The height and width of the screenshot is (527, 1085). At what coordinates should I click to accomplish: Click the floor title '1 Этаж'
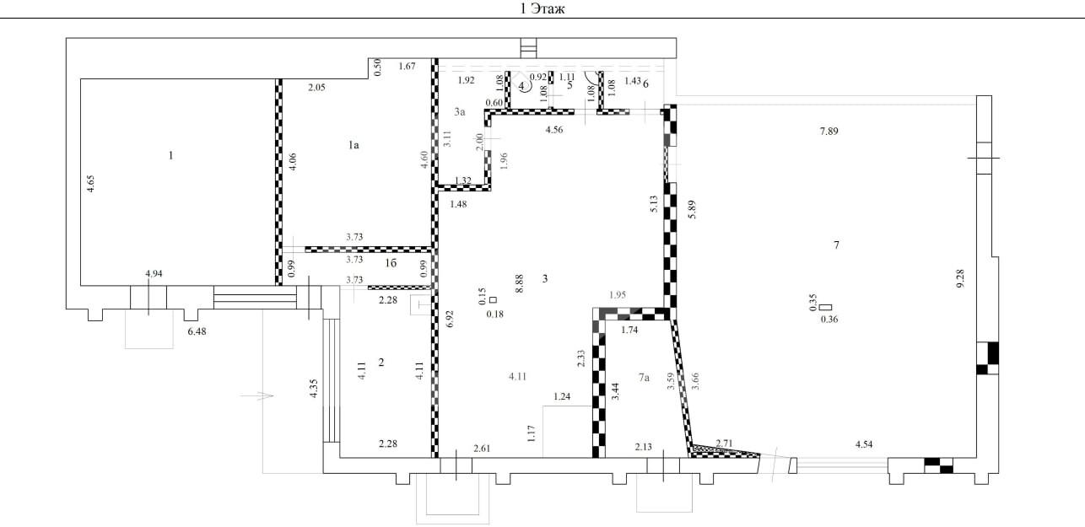[x=542, y=8]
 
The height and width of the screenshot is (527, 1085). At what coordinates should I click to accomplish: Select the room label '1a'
[x=354, y=145]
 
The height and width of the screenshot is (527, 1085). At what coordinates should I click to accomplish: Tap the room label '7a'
[x=644, y=377]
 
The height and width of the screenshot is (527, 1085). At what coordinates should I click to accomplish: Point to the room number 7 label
[x=836, y=245]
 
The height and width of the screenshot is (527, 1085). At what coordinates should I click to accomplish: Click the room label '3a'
[x=460, y=112]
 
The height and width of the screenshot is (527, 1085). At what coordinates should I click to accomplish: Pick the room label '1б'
[x=391, y=263]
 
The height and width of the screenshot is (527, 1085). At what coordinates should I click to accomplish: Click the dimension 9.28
[x=960, y=279]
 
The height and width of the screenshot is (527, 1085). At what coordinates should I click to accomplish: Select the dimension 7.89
[x=829, y=132]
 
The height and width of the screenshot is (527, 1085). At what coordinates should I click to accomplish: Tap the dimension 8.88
[x=519, y=284]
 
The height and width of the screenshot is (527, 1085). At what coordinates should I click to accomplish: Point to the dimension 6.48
[x=197, y=331]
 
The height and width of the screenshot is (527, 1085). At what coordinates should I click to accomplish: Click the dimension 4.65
[x=90, y=184]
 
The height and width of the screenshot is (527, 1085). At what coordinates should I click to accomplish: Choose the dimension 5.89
[x=692, y=210]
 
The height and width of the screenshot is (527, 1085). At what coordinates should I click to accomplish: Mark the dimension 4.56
[x=554, y=130]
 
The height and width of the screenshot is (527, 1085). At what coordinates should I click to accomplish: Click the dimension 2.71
[x=724, y=443]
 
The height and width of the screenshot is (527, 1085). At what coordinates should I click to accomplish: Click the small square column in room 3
[x=494, y=299]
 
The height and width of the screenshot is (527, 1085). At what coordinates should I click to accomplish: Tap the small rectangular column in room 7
[x=825, y=307]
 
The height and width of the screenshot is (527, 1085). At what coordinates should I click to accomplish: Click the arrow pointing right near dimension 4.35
[x=256, y=395]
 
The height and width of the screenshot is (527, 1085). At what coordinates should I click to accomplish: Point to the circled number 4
[x=522, y=86]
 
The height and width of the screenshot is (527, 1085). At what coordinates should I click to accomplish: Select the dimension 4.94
[x=154, y=273]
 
